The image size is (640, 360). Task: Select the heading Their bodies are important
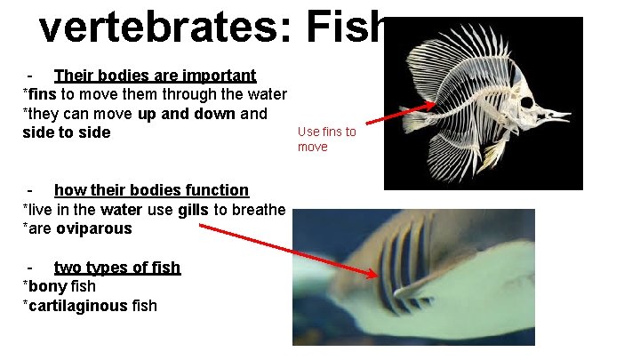[x=155, y=76]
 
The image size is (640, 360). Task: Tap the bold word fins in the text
[x=42, y=94]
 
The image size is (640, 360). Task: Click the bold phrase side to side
[x=67, y=132]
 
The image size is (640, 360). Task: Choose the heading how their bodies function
[x=151, y=189]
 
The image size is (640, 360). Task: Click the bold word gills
[x=194, y=209]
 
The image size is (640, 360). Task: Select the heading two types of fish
[x=117, y=268]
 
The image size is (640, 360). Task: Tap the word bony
[x=45, y=286]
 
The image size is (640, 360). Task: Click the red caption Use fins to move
[x=325, y=139]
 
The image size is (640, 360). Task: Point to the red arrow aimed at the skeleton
[x=399, y=112]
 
